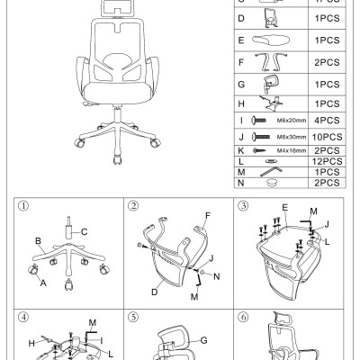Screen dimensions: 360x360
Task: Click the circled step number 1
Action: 23,206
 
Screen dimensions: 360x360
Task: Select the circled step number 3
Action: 242,206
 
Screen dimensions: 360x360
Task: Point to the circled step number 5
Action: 132,317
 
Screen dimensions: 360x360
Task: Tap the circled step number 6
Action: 242,317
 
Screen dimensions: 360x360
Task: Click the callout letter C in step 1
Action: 85,231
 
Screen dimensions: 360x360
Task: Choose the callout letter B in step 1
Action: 39,241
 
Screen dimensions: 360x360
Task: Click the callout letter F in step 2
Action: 207,216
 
